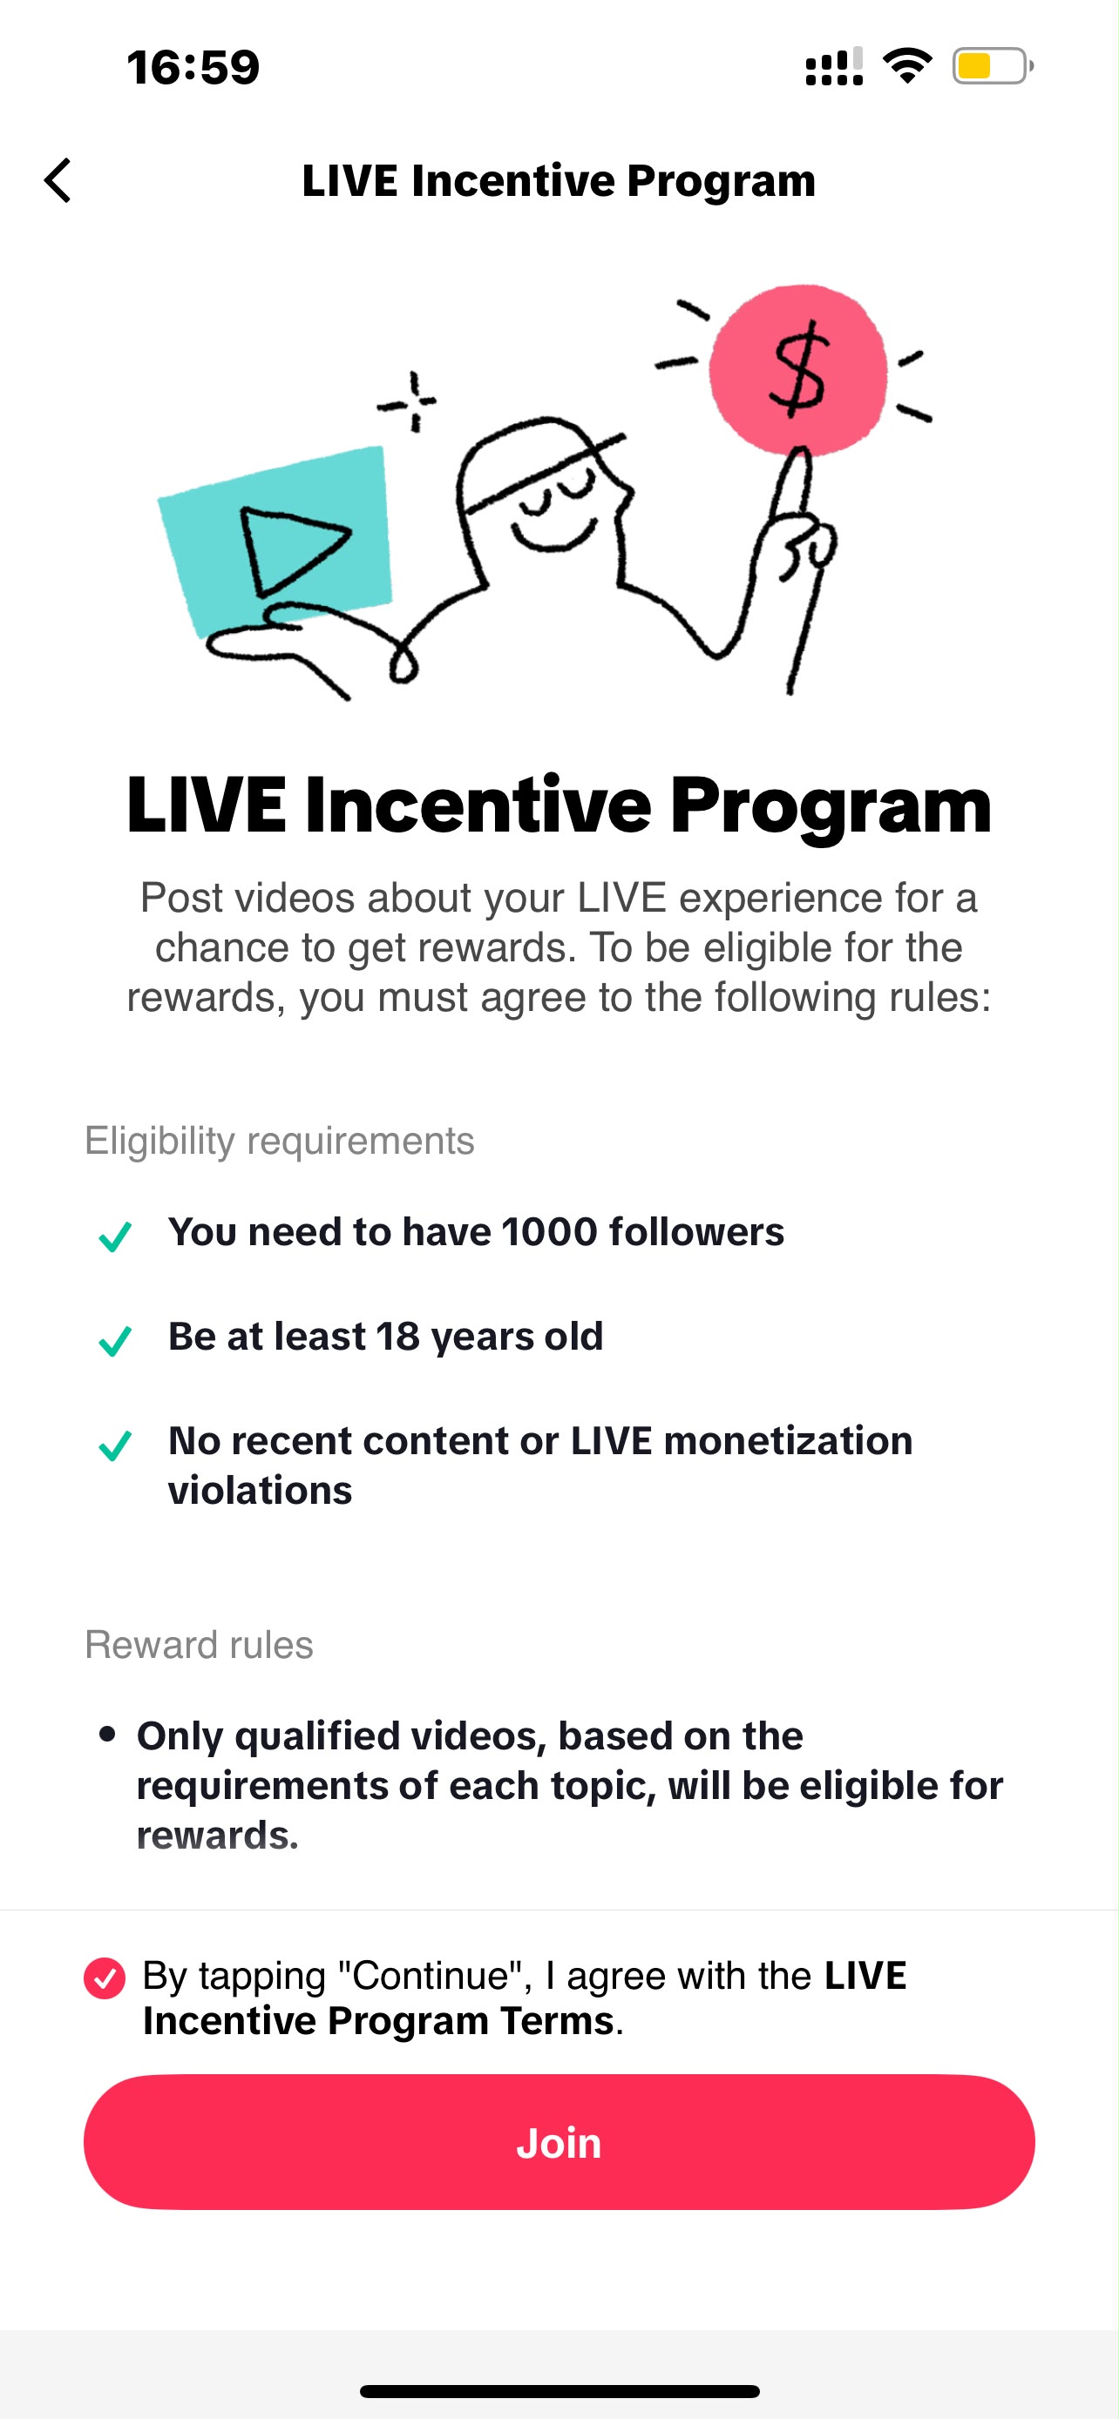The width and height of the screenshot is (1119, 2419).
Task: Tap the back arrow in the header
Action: click(58, 180)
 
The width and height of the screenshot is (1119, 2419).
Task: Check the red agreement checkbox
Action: click(105, 1978)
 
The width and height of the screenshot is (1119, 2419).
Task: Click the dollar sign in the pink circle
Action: click(797, 369)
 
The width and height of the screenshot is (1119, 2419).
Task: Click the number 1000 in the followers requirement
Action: click(549, 1232)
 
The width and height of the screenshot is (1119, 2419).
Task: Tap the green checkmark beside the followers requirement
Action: click(115, 1236)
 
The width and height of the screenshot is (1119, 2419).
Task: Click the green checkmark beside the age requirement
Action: click(115, 1340)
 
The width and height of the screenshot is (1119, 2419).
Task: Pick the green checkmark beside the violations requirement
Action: click(115, 1445)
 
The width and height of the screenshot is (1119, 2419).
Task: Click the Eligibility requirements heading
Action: click(280, 1141)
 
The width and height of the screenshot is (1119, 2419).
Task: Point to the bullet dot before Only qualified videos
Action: click(107, 1734)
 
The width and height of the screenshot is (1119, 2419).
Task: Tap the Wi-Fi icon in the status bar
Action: click(906, 65)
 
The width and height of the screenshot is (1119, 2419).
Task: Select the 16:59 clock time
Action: click(193, 67)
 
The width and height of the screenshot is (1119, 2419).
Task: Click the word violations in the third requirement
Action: click(261, 1490)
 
